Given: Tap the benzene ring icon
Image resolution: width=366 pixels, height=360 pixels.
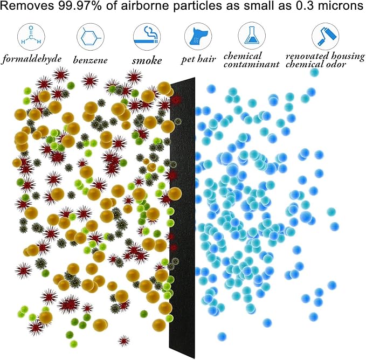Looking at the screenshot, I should coord(89,37).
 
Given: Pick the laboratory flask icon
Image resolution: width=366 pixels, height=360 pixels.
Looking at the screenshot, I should coord(251,37).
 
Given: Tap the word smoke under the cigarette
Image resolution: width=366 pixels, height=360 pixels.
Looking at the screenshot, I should coord(147,60).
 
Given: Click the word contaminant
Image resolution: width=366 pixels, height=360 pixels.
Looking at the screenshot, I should coord(259,65).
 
